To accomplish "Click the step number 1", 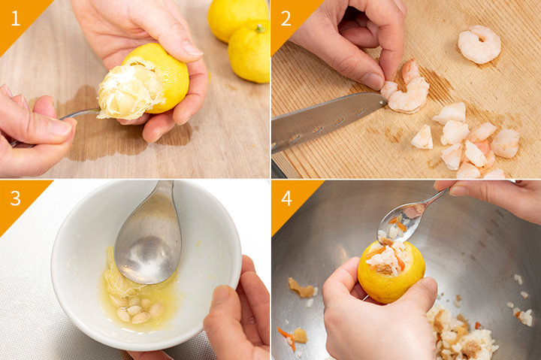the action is point(15,18).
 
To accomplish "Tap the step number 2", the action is point(286,18).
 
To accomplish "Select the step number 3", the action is point(15,198).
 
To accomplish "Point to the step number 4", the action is point(286,198).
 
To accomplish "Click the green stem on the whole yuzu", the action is point(260,29).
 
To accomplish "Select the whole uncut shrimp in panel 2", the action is point(479,44).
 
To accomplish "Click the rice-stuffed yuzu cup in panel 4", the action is point(391,271).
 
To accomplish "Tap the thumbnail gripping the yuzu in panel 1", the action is point(192,49).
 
